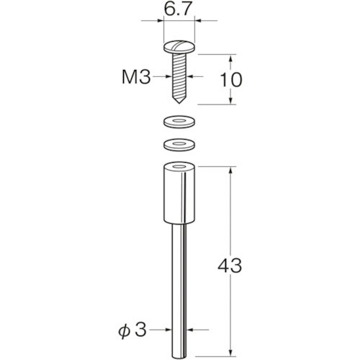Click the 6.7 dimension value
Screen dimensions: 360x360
(x=178, y=9)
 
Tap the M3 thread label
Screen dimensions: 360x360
(x=136, y=77)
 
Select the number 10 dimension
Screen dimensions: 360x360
(x=231, y=80)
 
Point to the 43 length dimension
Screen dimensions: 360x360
(x=230, y=266)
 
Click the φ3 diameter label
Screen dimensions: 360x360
(x=132, y=330)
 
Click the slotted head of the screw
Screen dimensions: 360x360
(x=179, y=47)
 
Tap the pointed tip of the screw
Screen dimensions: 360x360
(x=179, y=102)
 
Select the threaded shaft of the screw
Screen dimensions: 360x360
(x=179, y=74)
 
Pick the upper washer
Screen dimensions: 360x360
(x=179, y=122)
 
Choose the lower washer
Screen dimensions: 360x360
(x=179, y=145)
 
